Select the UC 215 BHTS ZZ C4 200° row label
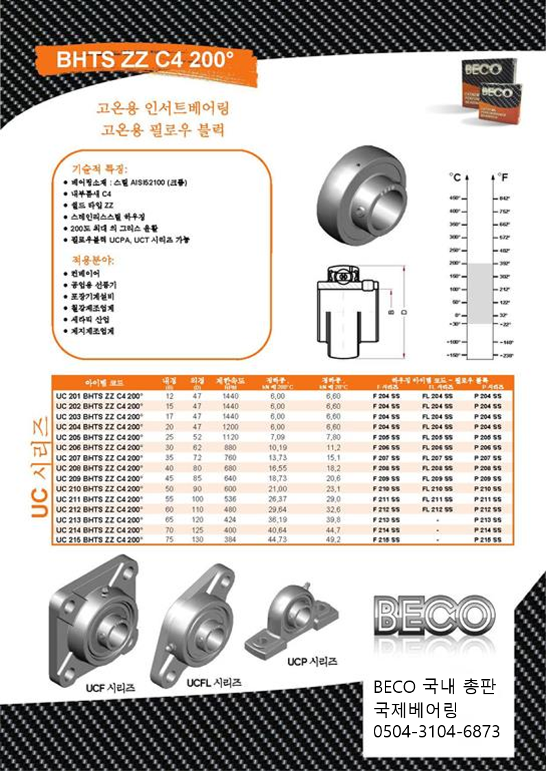pyautogui.click(x=99, y=540)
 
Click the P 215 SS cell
pyautogui.click(x=488, y=540)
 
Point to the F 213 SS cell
pyautogui.click(x=385, y=519)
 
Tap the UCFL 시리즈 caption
pyautogui.click(x=214, y=683)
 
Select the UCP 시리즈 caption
pyautogui.click(x=312, y=662)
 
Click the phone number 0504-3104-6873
pyautogui.click(x=436, y=731)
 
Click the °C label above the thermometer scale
pyautogui.click(x=455, y=177)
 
